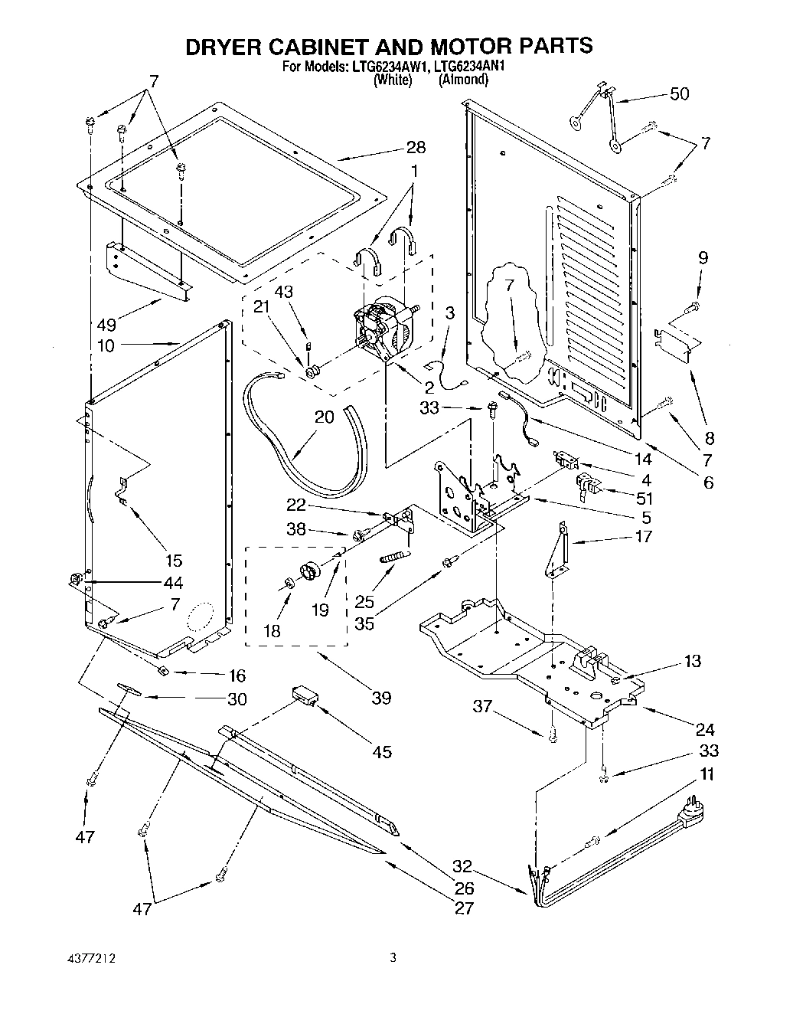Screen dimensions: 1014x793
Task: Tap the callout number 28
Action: (x=416, y=148)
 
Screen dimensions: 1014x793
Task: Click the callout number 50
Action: (x=679, y=94)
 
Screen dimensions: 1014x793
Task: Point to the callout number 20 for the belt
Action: (x=325, y=417)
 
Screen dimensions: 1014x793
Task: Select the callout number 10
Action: (x=106, y=345)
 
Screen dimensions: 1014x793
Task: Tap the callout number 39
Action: (x=380, y=698)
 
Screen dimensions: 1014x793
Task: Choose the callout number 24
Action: (x=704, y=729)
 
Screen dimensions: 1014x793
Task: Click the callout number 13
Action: (x=692, y=661)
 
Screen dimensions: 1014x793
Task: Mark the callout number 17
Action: (x=643, y=536)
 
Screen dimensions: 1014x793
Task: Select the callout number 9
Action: (x=703, y=258)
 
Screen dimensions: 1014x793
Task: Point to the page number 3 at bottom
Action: (x=393, y=957)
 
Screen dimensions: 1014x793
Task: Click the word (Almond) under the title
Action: (x=462, y=79)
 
